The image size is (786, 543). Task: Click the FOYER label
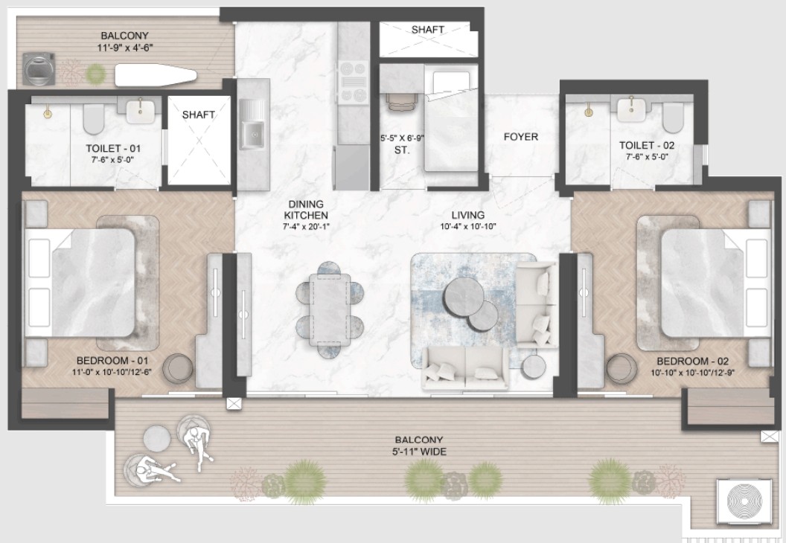click(x=521, y=137)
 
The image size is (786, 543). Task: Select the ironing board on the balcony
click(x=156, y=75)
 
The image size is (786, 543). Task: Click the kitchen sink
click(x=252, y=124)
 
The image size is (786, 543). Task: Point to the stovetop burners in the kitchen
click(x=353, y=82)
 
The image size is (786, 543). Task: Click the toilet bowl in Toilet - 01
click(x=93, y=119)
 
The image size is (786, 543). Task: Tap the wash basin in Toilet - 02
click(x=631, y=109)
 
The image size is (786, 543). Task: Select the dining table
click(x=328, y=309)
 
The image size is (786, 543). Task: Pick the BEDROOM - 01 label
click(x=112, y=361)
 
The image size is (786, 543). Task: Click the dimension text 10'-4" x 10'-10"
click(x=467, y=226)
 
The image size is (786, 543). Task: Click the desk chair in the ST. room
click(x=401, y=102)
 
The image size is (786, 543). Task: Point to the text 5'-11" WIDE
click(x=419, y=452)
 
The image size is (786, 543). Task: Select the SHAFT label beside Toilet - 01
click(x=199, y=115)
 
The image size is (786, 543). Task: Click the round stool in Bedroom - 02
click(x=622, y=368)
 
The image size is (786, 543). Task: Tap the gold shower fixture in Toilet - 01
click(x=48, y=112)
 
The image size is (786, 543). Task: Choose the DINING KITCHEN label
click(x=306, y=209)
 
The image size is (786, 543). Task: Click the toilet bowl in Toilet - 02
click(x=673, y=118)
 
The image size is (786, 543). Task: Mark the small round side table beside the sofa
click(x=534, y=367)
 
